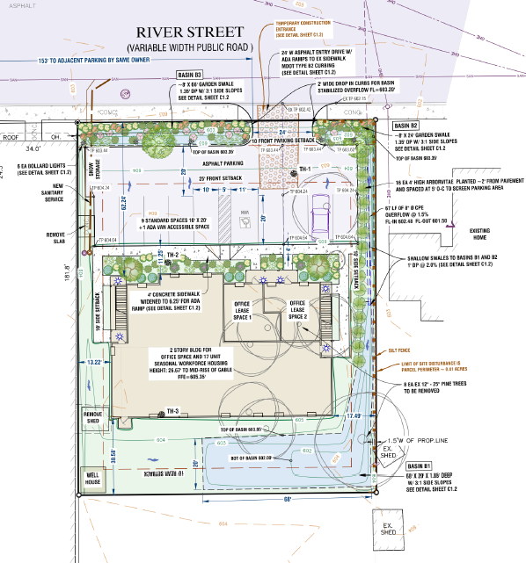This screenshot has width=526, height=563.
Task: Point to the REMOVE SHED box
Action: [92, 416]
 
